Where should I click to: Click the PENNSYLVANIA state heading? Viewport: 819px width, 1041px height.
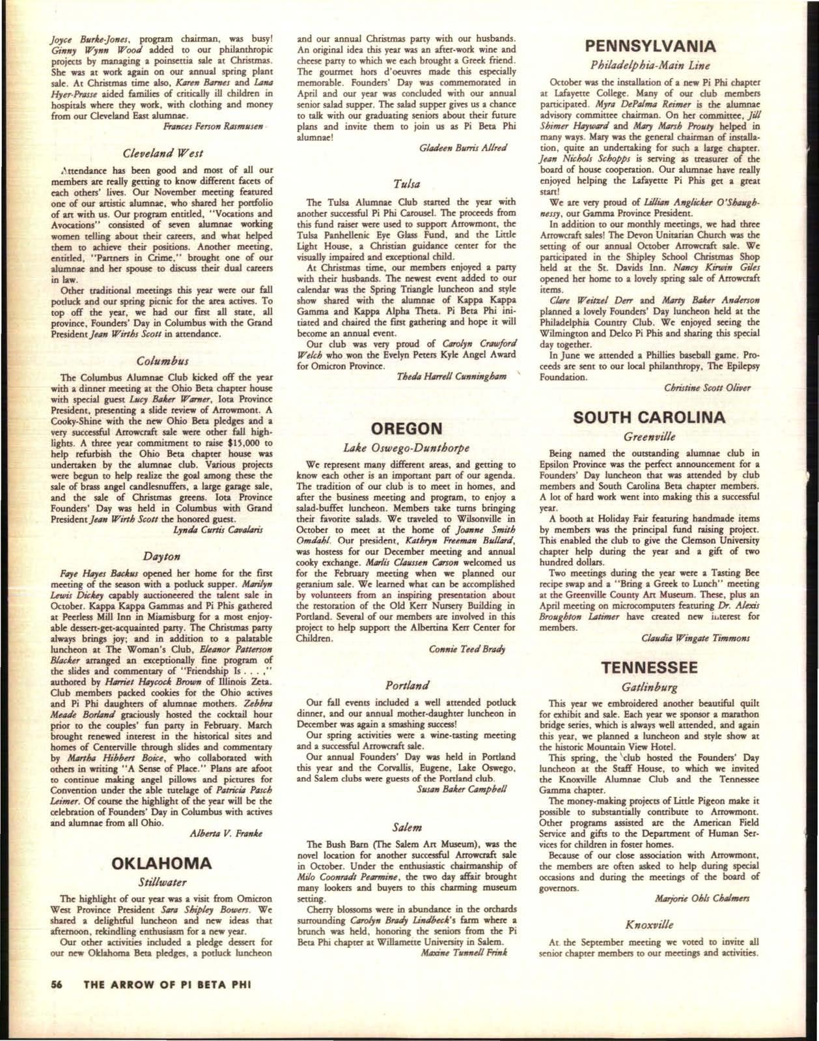650,46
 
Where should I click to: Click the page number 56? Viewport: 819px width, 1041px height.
57,1003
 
